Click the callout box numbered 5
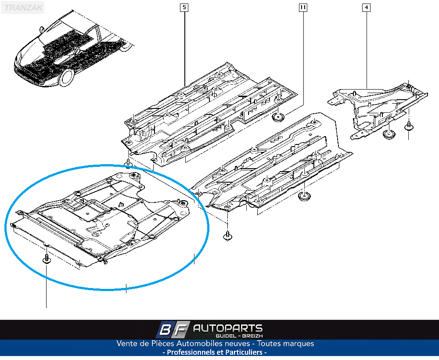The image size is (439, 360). (x=184, y=7)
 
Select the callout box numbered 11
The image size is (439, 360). (x=303, y=7)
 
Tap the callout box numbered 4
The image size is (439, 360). (x=367, y=7)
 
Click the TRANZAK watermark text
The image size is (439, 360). (x=23, y=7)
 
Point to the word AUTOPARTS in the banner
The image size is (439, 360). (x=228, y=328)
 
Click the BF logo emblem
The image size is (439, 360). (x=173, y=330)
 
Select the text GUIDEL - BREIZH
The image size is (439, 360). (x=239, y=336)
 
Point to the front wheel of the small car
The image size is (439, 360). (x=66, y=78)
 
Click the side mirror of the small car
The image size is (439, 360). (x=42, y=29)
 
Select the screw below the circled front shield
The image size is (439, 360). (x=47, y=259)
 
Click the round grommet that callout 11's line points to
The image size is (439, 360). (x=278, y=117)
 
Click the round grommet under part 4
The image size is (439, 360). (x=389, y=134)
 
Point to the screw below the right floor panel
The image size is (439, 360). (x=227, y=236)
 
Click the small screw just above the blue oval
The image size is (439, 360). (x=128, y=163)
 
